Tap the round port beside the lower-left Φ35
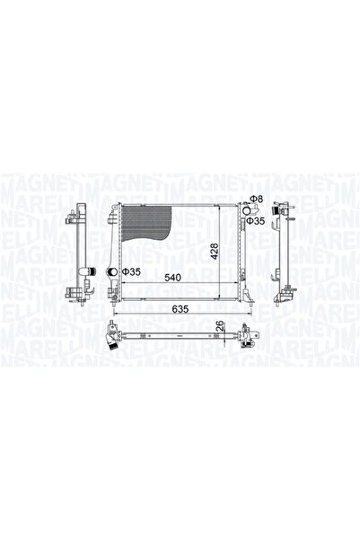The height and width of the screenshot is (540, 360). point(114,272)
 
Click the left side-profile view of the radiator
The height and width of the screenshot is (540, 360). point(79,252)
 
